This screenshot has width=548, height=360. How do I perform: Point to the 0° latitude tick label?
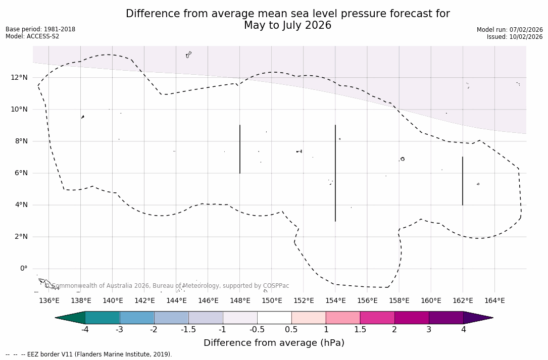pos(24,269)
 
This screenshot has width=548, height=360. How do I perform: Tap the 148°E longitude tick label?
pos(240,300)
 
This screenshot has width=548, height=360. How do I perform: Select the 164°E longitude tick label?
pos(494,300)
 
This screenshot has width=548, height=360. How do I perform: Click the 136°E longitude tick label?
pos(49,300)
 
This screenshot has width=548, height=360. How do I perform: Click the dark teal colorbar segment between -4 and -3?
pos(103,318)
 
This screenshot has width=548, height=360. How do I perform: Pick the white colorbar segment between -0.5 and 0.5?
pos(274,318)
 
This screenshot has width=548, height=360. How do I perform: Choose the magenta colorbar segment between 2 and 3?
pos(412,318)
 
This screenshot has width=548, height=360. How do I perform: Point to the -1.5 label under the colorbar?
pos(188,330)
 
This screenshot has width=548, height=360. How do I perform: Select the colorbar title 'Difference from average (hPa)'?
pos(274,343)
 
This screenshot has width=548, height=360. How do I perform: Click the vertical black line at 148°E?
pos(240,149)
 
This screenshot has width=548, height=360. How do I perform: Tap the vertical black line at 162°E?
pos(463,181)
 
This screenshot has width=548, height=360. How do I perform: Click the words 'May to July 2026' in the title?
pos(287,25)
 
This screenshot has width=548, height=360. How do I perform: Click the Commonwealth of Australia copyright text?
pos(167,286)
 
